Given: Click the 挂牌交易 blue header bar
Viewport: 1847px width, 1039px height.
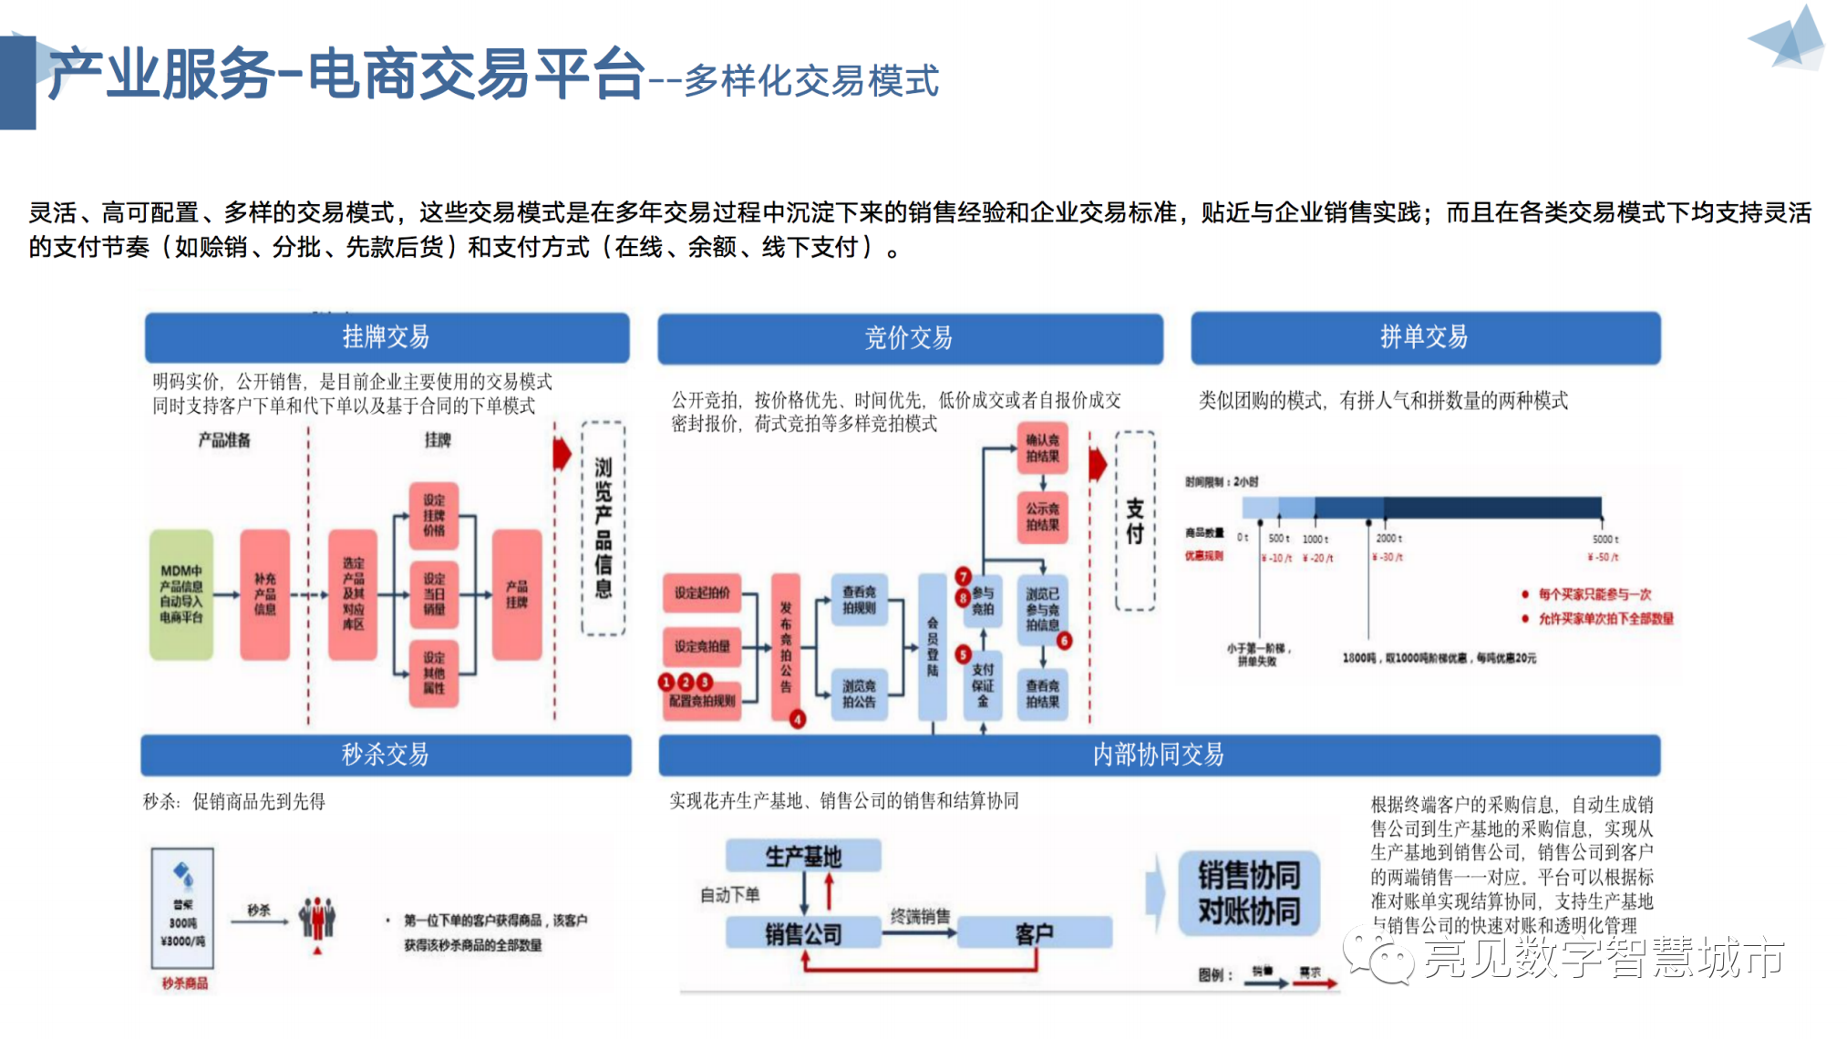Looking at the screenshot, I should pos(387,337).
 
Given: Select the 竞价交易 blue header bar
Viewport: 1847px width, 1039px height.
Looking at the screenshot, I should pos(909,338).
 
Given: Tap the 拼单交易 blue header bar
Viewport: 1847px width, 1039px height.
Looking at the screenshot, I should pos(1425,337).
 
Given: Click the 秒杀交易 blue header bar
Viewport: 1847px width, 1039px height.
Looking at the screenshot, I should pos(386,755).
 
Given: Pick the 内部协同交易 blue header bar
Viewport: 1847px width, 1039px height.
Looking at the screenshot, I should pos(1159,755).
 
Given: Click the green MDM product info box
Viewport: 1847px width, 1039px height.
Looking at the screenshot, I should pos(181,594).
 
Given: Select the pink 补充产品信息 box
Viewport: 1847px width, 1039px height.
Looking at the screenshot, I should pos(264,594).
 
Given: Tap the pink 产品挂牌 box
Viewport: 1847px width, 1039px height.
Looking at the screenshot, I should pos(517,594).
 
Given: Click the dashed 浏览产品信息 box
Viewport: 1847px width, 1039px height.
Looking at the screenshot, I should pos(604,528).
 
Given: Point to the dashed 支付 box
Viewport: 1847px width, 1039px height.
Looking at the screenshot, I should pos(1135,520).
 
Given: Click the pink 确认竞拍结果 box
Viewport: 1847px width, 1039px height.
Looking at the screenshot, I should pos(1042,448).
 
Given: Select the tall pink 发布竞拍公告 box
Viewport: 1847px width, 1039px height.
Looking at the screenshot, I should pos(786,646).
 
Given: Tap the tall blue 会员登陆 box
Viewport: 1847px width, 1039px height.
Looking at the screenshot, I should pos(933,646).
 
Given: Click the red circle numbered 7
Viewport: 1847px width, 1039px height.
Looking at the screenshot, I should pos(963,576).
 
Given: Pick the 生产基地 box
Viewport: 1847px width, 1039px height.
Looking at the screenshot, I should pos(803,856).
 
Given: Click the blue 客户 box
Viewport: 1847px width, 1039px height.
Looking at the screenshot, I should pos(1035,933).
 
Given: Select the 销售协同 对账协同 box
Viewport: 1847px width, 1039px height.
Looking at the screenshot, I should pos(1249,893).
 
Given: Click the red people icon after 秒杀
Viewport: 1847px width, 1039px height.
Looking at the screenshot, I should pos(317,919).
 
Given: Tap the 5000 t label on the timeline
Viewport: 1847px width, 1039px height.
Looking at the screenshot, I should pos(1605,540).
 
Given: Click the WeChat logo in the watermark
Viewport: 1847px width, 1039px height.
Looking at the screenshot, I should pos(1378,957).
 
